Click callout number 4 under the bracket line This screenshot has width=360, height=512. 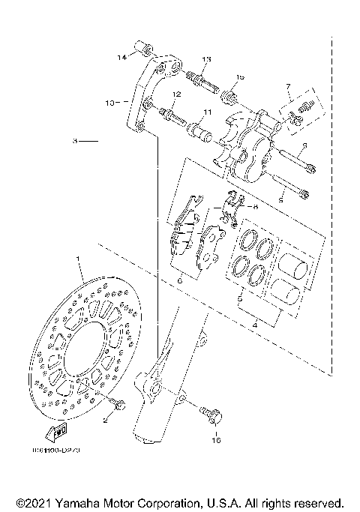click(254, 325)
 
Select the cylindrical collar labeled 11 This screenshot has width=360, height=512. click(200, 135)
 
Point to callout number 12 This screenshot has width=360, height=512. click(177, 94)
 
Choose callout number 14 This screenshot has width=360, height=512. click(121, 57)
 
